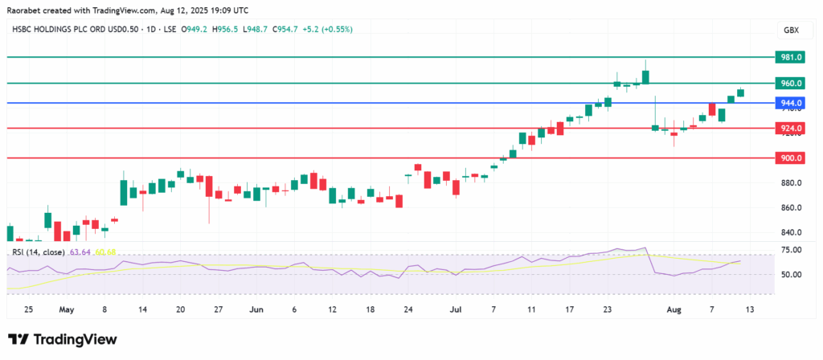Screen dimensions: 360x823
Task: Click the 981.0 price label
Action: [x=789, y=57]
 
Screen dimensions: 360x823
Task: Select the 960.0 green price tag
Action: [x=789, y=83]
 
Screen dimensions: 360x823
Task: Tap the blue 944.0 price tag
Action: [x=789, y=103]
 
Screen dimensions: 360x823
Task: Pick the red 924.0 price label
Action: [x=789, y=128]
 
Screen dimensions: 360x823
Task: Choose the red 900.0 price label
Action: [x=789, y=158]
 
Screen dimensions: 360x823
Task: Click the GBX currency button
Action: [x=790, y=30]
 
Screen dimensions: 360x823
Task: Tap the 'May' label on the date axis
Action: [x=67, y=309]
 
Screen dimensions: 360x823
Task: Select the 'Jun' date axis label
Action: [x=256, y=309]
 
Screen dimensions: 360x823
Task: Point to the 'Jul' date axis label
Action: [x=455, y=309]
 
